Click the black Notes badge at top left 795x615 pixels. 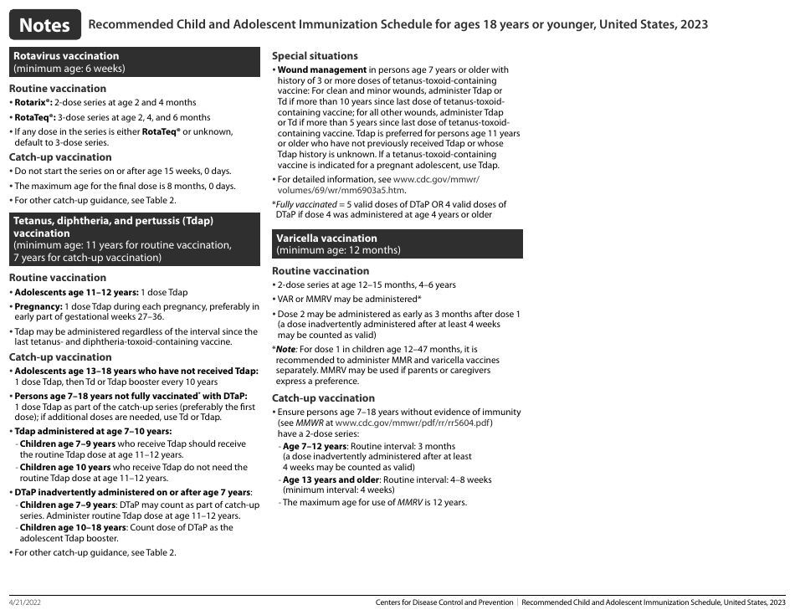[45, 25]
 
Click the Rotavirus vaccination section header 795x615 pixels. [66, 56]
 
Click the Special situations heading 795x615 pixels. [315, 55]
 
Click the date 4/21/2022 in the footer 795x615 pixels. [26, 602]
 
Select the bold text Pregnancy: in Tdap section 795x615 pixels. [41, 307]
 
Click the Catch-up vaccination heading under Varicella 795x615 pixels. [323, 398]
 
